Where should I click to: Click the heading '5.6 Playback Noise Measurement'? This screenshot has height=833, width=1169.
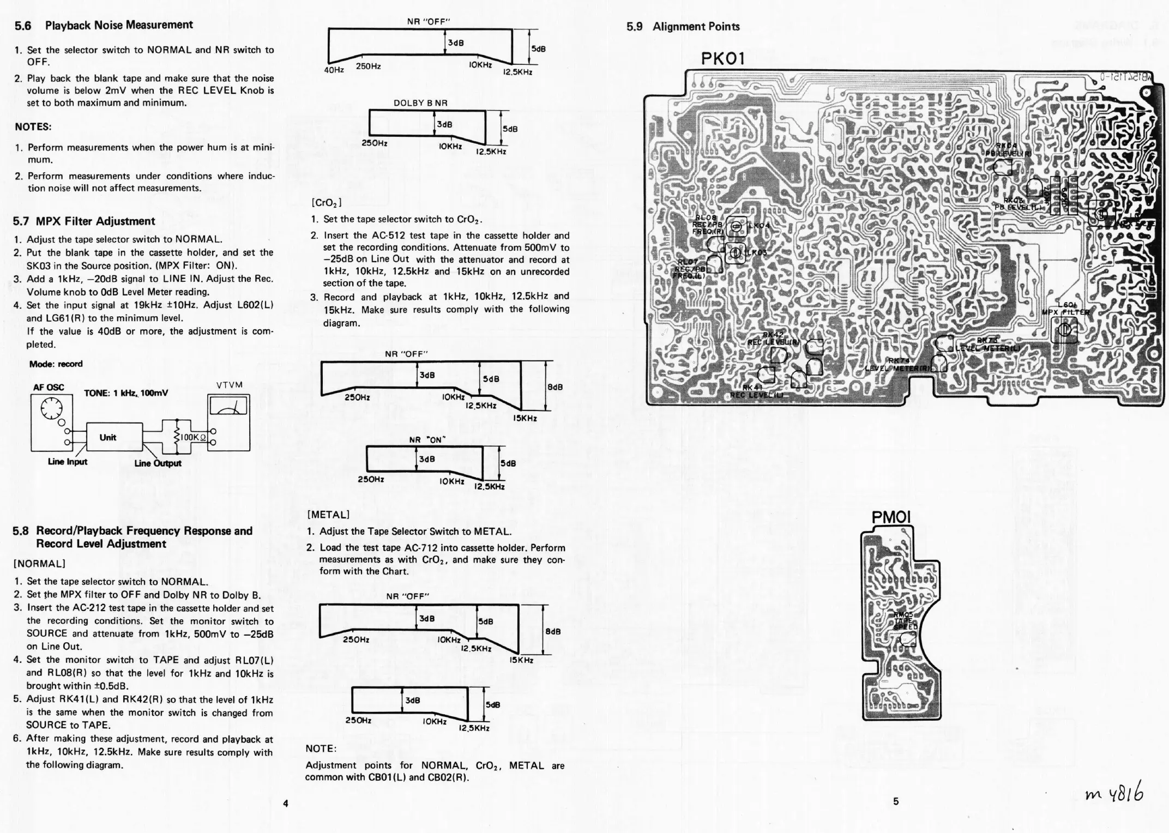click(104, 25)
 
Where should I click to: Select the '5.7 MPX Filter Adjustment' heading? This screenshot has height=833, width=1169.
click(84, 221)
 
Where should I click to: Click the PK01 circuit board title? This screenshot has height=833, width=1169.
click(722, 59)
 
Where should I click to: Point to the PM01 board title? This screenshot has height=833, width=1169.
click(891, 517)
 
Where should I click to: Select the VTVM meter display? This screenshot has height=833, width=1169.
click(228, 406)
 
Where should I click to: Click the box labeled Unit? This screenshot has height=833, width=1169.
click(108, 437)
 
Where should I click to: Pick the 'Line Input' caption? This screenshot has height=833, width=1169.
click(68, 462)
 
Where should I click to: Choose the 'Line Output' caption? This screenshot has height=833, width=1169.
click(158, 463)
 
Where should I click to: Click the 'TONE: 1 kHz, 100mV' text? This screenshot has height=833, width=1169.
click(126, 393)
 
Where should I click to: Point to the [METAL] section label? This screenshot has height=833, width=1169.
click(328, 515)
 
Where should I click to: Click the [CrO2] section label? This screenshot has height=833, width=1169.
click(326, 203)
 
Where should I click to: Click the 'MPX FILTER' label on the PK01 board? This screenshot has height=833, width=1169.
click(1066, 312)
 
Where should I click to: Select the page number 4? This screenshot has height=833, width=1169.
click(285, 803)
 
